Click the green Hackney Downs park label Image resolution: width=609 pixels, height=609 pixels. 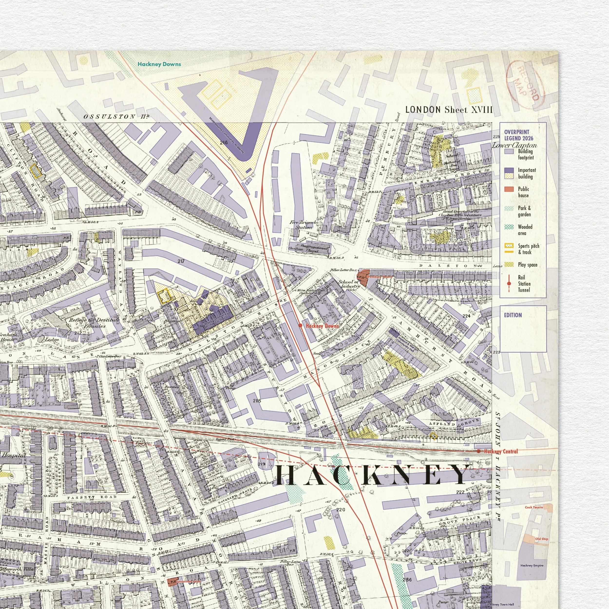pyautogui.click(x=159, y=64)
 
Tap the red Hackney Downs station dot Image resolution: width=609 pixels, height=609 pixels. pyautogui.click(x=300, y=325)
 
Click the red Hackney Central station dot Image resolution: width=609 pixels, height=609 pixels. pyautogui.click(x=478, y=451)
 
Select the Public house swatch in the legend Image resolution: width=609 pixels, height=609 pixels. pyautogui.click(x=509, y=189)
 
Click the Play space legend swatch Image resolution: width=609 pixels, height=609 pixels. pyautogui.click(x=509, y=265)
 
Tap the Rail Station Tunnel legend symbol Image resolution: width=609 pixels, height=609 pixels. pyautogui.click(x=509, y=283)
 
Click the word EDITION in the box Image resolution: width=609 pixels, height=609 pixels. pyautogui.click(x=513, y=315)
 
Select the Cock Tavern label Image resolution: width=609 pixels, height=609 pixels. pyautogui.click(x=534, y=507)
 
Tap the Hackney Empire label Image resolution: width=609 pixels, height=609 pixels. pyautogui.click(x=532, y=565)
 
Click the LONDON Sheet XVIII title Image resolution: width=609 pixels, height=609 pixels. pyautogui.click(x=448, y=110)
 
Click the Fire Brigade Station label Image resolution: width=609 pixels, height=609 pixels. pyautogui.click(x=304, y=224)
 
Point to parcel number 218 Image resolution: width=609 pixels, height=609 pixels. pyautogui.click(x=257, y=401)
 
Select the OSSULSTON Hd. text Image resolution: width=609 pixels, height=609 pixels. pyautogui.click(x=116, y=117)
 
